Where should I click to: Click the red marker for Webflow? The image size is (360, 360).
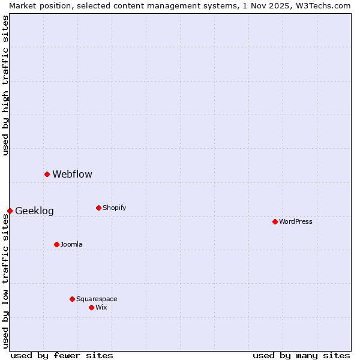[47, 174]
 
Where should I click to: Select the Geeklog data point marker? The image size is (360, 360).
[10, 211]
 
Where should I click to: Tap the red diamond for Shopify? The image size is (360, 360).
[98, 208]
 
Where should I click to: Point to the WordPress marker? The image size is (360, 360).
[275, 221]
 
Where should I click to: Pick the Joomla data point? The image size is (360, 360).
[56, 244]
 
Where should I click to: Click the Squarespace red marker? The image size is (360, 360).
[72, 299]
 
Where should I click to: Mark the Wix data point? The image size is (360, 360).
[91, 307]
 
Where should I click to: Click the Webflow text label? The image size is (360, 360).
[72, 175]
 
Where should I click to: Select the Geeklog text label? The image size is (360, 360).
[34, 211]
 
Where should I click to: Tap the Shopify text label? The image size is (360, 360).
[114, 208]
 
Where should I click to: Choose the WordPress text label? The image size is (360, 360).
[295, 222]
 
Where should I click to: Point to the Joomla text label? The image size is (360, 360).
[71, 245]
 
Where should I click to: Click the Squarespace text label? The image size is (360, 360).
[97, 299]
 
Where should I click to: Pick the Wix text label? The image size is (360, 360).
[101, 308]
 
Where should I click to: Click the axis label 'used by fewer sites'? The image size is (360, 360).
[62, 355]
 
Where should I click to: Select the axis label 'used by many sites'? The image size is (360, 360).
[301, 355]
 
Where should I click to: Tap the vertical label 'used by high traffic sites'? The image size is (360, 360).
[5, 85]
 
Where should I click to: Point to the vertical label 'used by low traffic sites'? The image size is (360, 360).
[5, 281]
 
